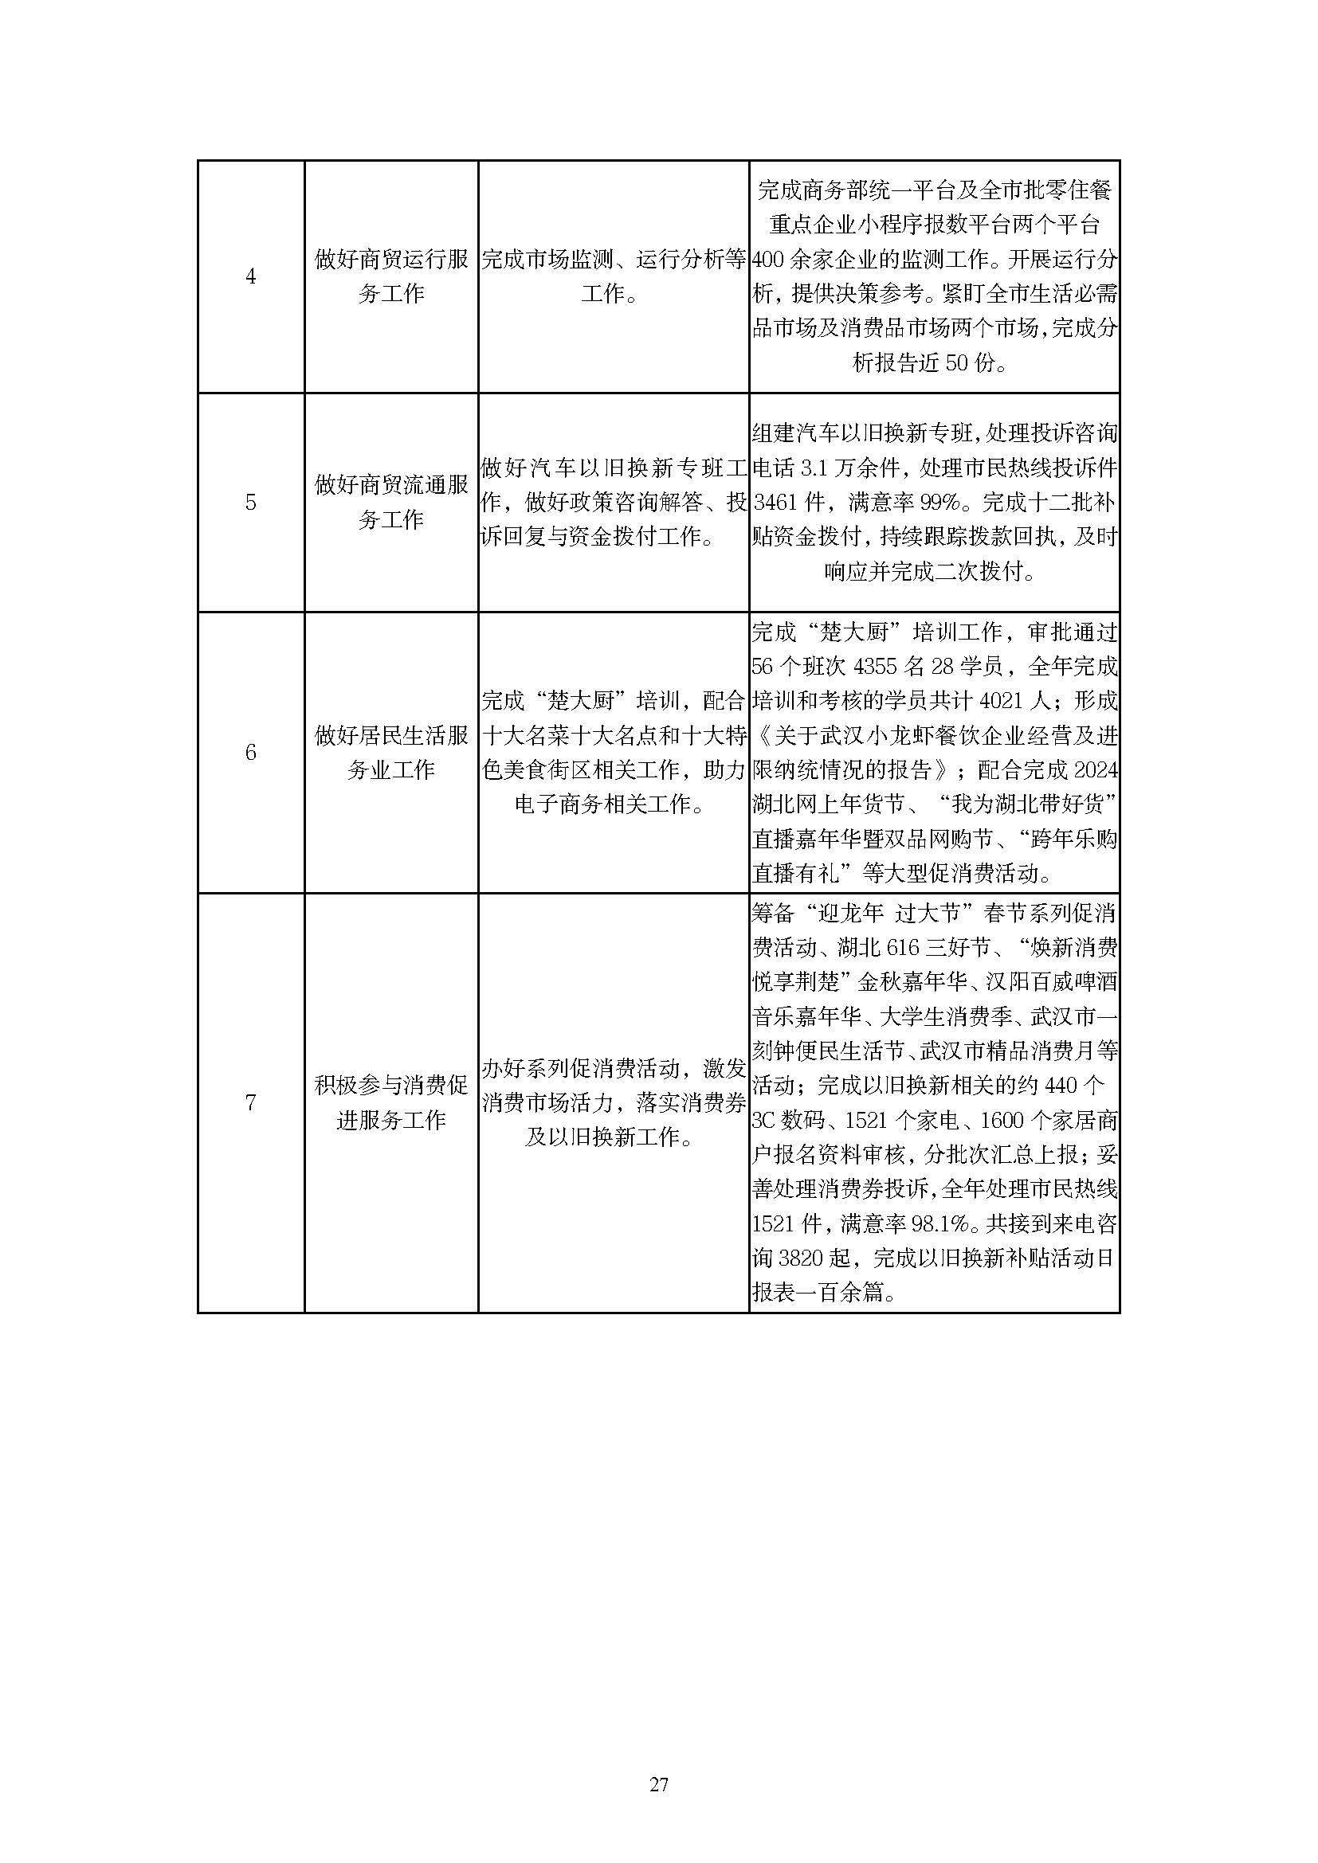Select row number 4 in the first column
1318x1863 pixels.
pos(251,276)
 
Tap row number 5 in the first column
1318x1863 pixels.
pos(251,503)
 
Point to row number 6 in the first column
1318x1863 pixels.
pos(251,752)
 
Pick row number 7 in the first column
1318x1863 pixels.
pos(251,1102)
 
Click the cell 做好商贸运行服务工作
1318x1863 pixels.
pos(391,276)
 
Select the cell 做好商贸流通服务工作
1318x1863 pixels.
pos(391,503)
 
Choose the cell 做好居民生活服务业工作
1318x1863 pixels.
pos(391,752)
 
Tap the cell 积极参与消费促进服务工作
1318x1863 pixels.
pos(391,1102)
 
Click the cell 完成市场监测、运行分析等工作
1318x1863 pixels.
pos(613,276)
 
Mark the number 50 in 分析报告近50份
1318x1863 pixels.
pos(956,363)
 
